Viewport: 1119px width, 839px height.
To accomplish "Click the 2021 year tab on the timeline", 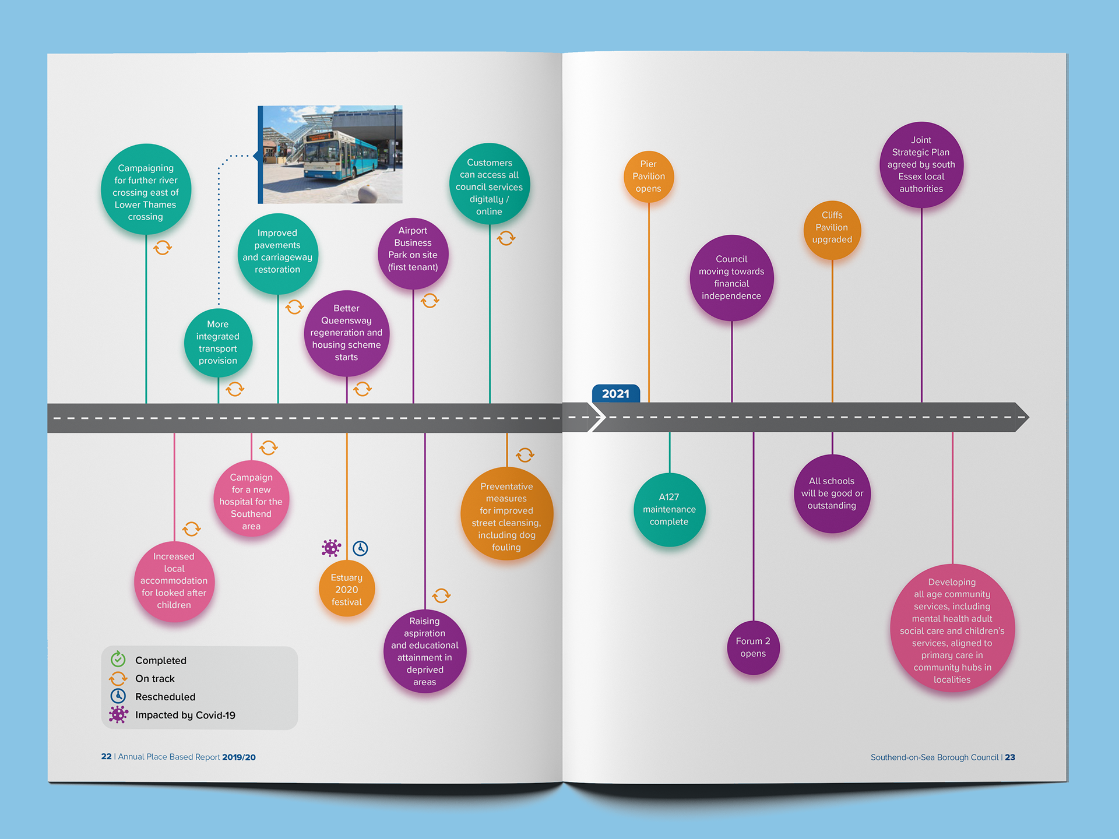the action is point(615,394).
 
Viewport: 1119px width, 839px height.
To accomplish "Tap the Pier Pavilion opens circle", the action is point(648,177).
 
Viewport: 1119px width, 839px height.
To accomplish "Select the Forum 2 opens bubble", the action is point(753,647).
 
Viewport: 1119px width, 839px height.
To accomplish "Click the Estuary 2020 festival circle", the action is point(347,588).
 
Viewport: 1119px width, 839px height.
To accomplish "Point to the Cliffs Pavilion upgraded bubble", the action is point(832,230).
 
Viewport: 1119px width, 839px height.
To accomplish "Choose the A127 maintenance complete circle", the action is point(669,510).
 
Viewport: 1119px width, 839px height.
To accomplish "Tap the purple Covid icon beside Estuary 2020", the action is point(331,548).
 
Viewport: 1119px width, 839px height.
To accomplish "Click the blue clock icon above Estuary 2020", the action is point(360,548).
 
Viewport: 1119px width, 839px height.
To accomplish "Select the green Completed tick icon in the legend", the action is point(118,659).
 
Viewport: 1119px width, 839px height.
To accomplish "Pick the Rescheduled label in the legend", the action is point(166,697).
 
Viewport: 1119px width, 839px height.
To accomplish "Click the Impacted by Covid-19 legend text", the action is point(185,715).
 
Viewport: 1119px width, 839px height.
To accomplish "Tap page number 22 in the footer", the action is point(106,756).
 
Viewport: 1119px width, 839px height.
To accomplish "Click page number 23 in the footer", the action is point(1010,757).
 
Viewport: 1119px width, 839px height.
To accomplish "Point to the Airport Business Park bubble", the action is point(413,254).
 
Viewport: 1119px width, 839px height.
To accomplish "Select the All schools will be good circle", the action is point(832,493).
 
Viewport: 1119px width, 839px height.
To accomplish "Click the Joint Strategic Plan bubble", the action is point(921,165).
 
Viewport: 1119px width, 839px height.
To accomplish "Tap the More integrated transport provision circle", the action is point(218,343).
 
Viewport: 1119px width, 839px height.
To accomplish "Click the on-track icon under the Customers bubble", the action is point(506,238).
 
